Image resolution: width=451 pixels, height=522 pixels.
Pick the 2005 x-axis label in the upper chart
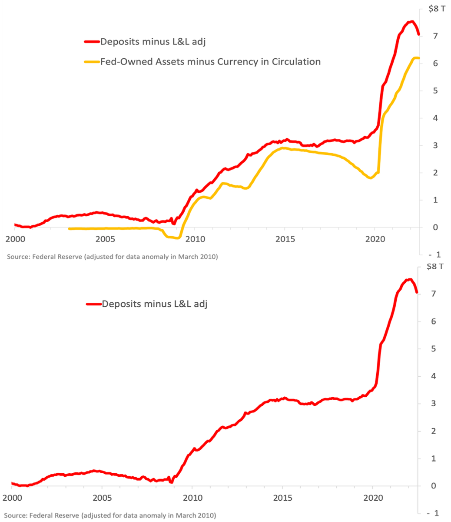click(104, 239)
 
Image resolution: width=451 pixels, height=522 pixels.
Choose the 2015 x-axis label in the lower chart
click(283, 498)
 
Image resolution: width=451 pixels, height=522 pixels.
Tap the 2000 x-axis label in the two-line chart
click(15, 239)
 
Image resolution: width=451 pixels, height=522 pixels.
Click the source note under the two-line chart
click(112, 257)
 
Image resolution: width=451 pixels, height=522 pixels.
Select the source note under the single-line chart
click(110, 515)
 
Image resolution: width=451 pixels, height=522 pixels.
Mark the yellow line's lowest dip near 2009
click(177, 238)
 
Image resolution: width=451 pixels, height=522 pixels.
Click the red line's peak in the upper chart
click(411, 21)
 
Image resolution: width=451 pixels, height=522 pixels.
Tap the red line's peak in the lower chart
click(409, 279)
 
